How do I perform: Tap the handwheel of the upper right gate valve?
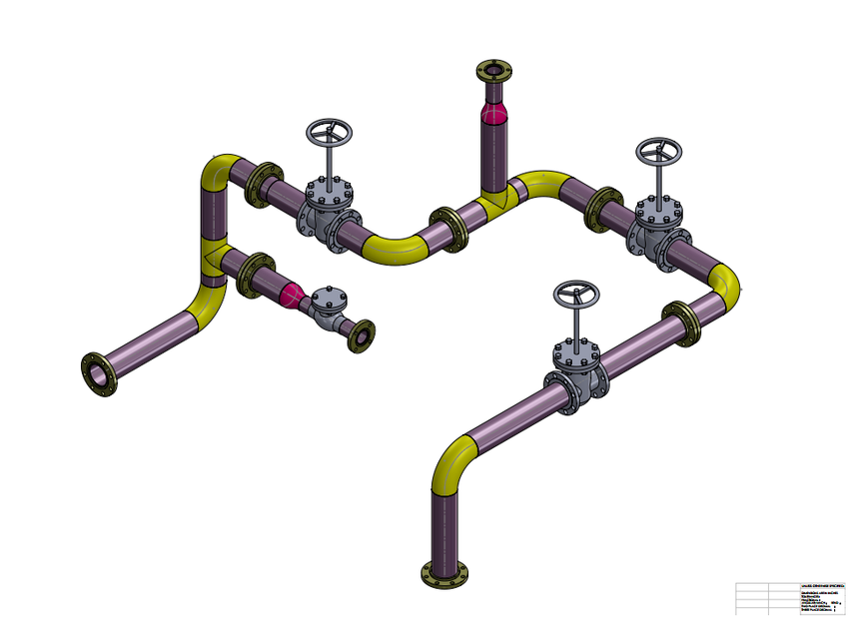(659, 152)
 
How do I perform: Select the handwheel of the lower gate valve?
(576, 296)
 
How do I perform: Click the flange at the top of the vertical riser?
(494, 72)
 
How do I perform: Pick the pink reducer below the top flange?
(493, 111)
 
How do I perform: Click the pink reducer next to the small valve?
(292, 294)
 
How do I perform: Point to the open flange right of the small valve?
(360, 336)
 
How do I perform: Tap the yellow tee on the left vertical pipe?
(213, 256)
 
